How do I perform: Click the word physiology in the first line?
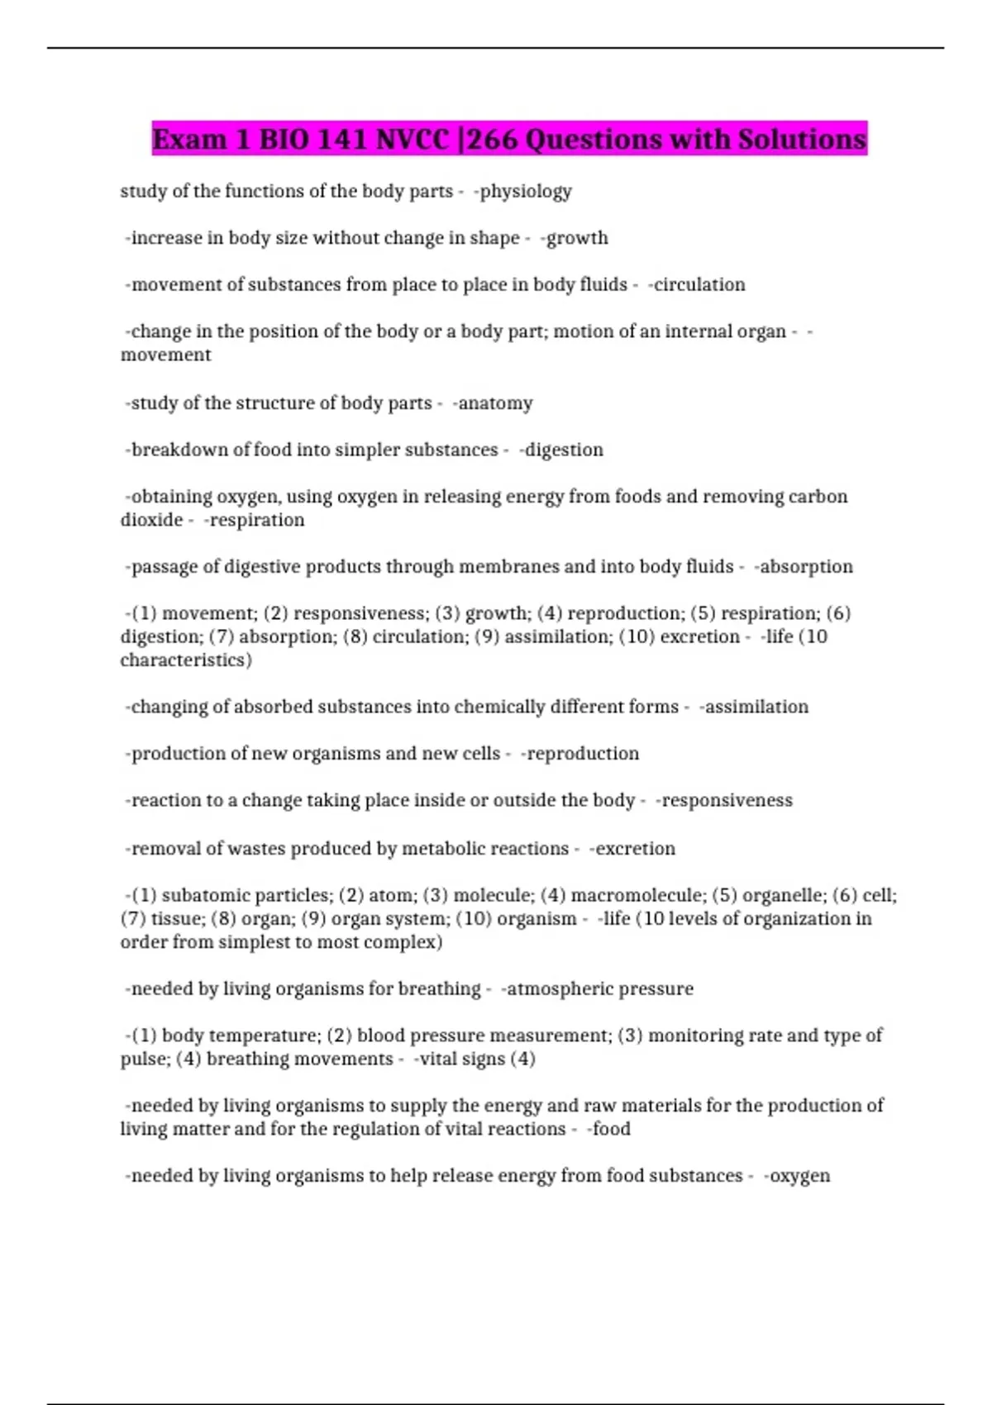click(526, 192)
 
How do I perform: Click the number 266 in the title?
click(494, 139)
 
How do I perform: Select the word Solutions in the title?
click(802, 139)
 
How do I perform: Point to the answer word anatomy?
click(494, 403)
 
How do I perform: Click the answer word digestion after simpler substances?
click(564, 450)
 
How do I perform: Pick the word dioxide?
click(151, 520)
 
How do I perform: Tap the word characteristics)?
click(186, 660)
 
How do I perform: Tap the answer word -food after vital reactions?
click(609, 1129)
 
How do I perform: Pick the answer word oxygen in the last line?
click(799, 1176)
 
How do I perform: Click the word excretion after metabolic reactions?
click(634, 849)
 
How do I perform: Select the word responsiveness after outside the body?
click(726, 801)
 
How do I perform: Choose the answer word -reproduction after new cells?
click(581, 754)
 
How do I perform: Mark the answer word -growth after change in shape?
click(575, 238)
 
